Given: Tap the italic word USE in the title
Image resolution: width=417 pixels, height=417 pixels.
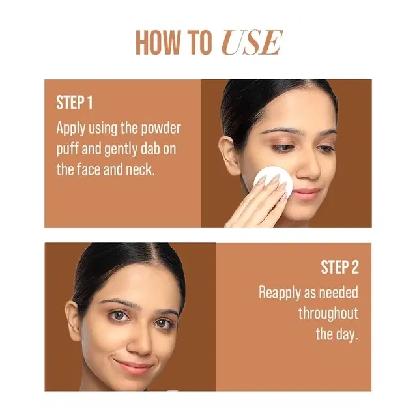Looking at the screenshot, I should pyautogui.click(x=252, y=43).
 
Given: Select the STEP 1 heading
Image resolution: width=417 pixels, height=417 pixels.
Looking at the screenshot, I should pyautogui.click(x=74, y=103).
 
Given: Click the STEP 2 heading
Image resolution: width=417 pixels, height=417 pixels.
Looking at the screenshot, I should pyautogui.click(x=339, y=267).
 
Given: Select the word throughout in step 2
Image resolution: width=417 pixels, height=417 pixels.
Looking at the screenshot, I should pyautogui.click(x=328, y=313).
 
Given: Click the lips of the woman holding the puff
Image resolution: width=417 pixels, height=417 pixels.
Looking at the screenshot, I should pyautogui.click(x=307, y=194).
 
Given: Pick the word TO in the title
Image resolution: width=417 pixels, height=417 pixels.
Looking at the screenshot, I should pyautogui.click(x=199, y=43).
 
